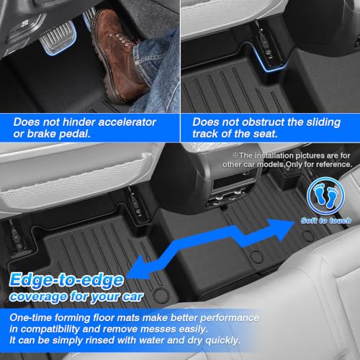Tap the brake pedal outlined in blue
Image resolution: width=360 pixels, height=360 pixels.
tap(58, 37)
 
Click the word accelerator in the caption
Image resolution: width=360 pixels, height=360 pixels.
tap(127, 122)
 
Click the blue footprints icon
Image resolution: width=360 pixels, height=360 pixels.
tap(325, 197)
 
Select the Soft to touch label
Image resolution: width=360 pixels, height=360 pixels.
tap(326, 220)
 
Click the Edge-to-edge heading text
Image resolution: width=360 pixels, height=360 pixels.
tap(66, 280)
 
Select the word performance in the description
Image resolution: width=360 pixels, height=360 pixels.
tap(230, 318)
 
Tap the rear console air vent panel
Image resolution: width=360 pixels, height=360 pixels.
tap(229, 189)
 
